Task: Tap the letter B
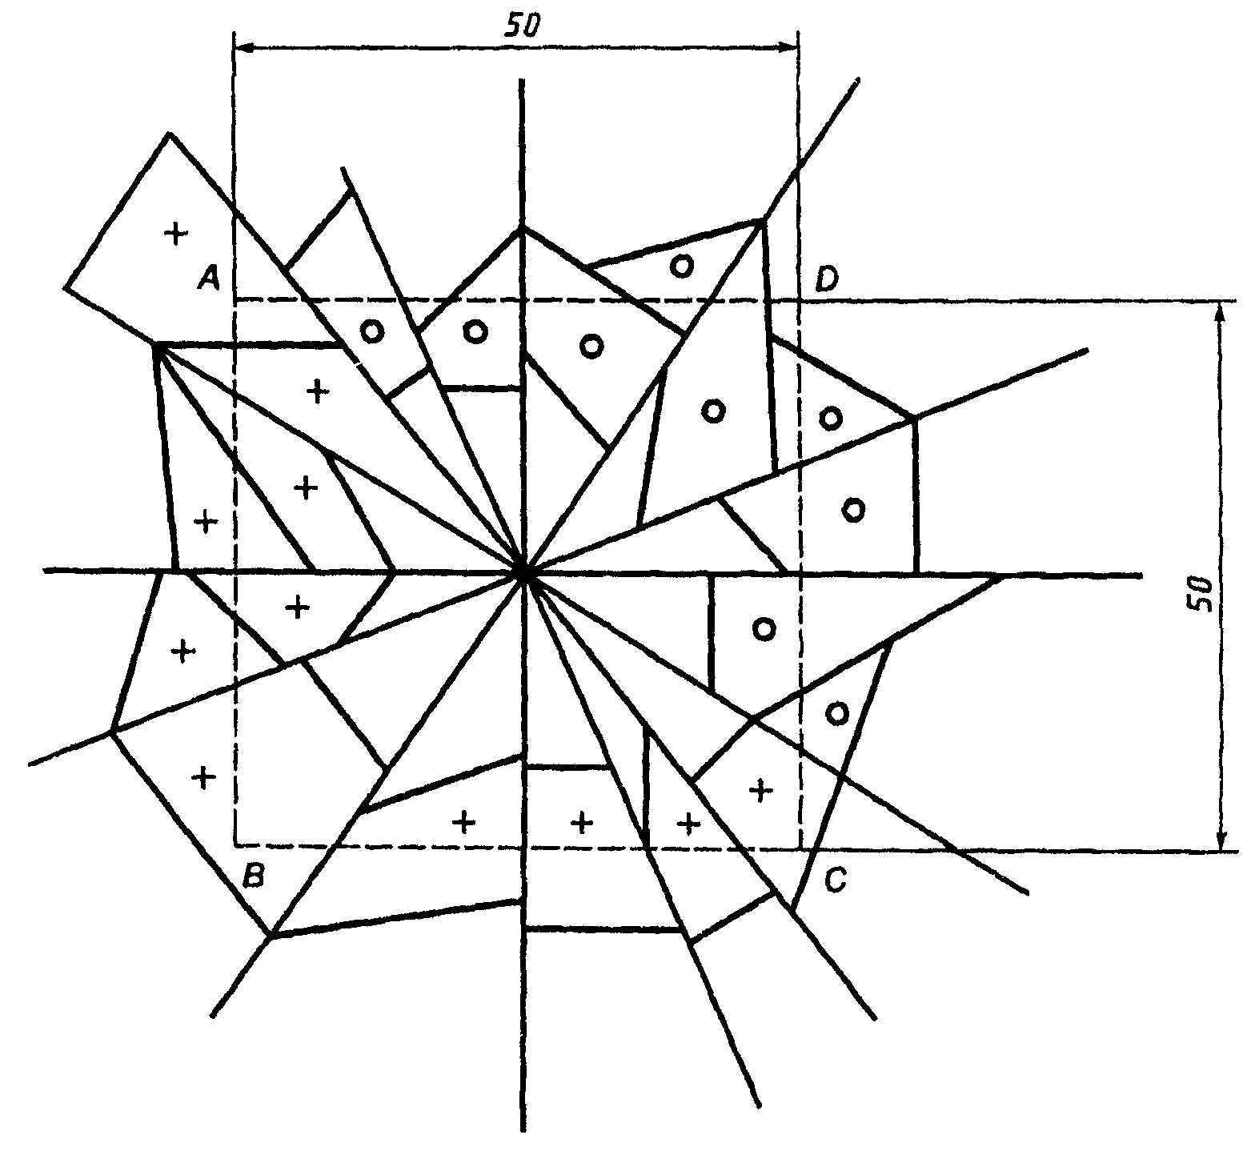(x=253, y=876)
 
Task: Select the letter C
(x=834, y=881)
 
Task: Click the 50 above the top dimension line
(x=522, y=26)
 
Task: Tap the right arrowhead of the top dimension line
(x=790, y=48)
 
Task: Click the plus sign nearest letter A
(x=175, y=233)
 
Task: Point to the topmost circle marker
(x=681, y=265)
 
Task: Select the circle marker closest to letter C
(x=836, y=712)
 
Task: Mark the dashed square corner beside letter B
(x=236, y=845)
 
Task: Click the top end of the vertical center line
(x=522, y=80)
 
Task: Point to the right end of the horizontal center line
(x=1141, y=574)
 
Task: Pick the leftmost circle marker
(x=371, y=331)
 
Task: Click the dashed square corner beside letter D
(x=799, y=300)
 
